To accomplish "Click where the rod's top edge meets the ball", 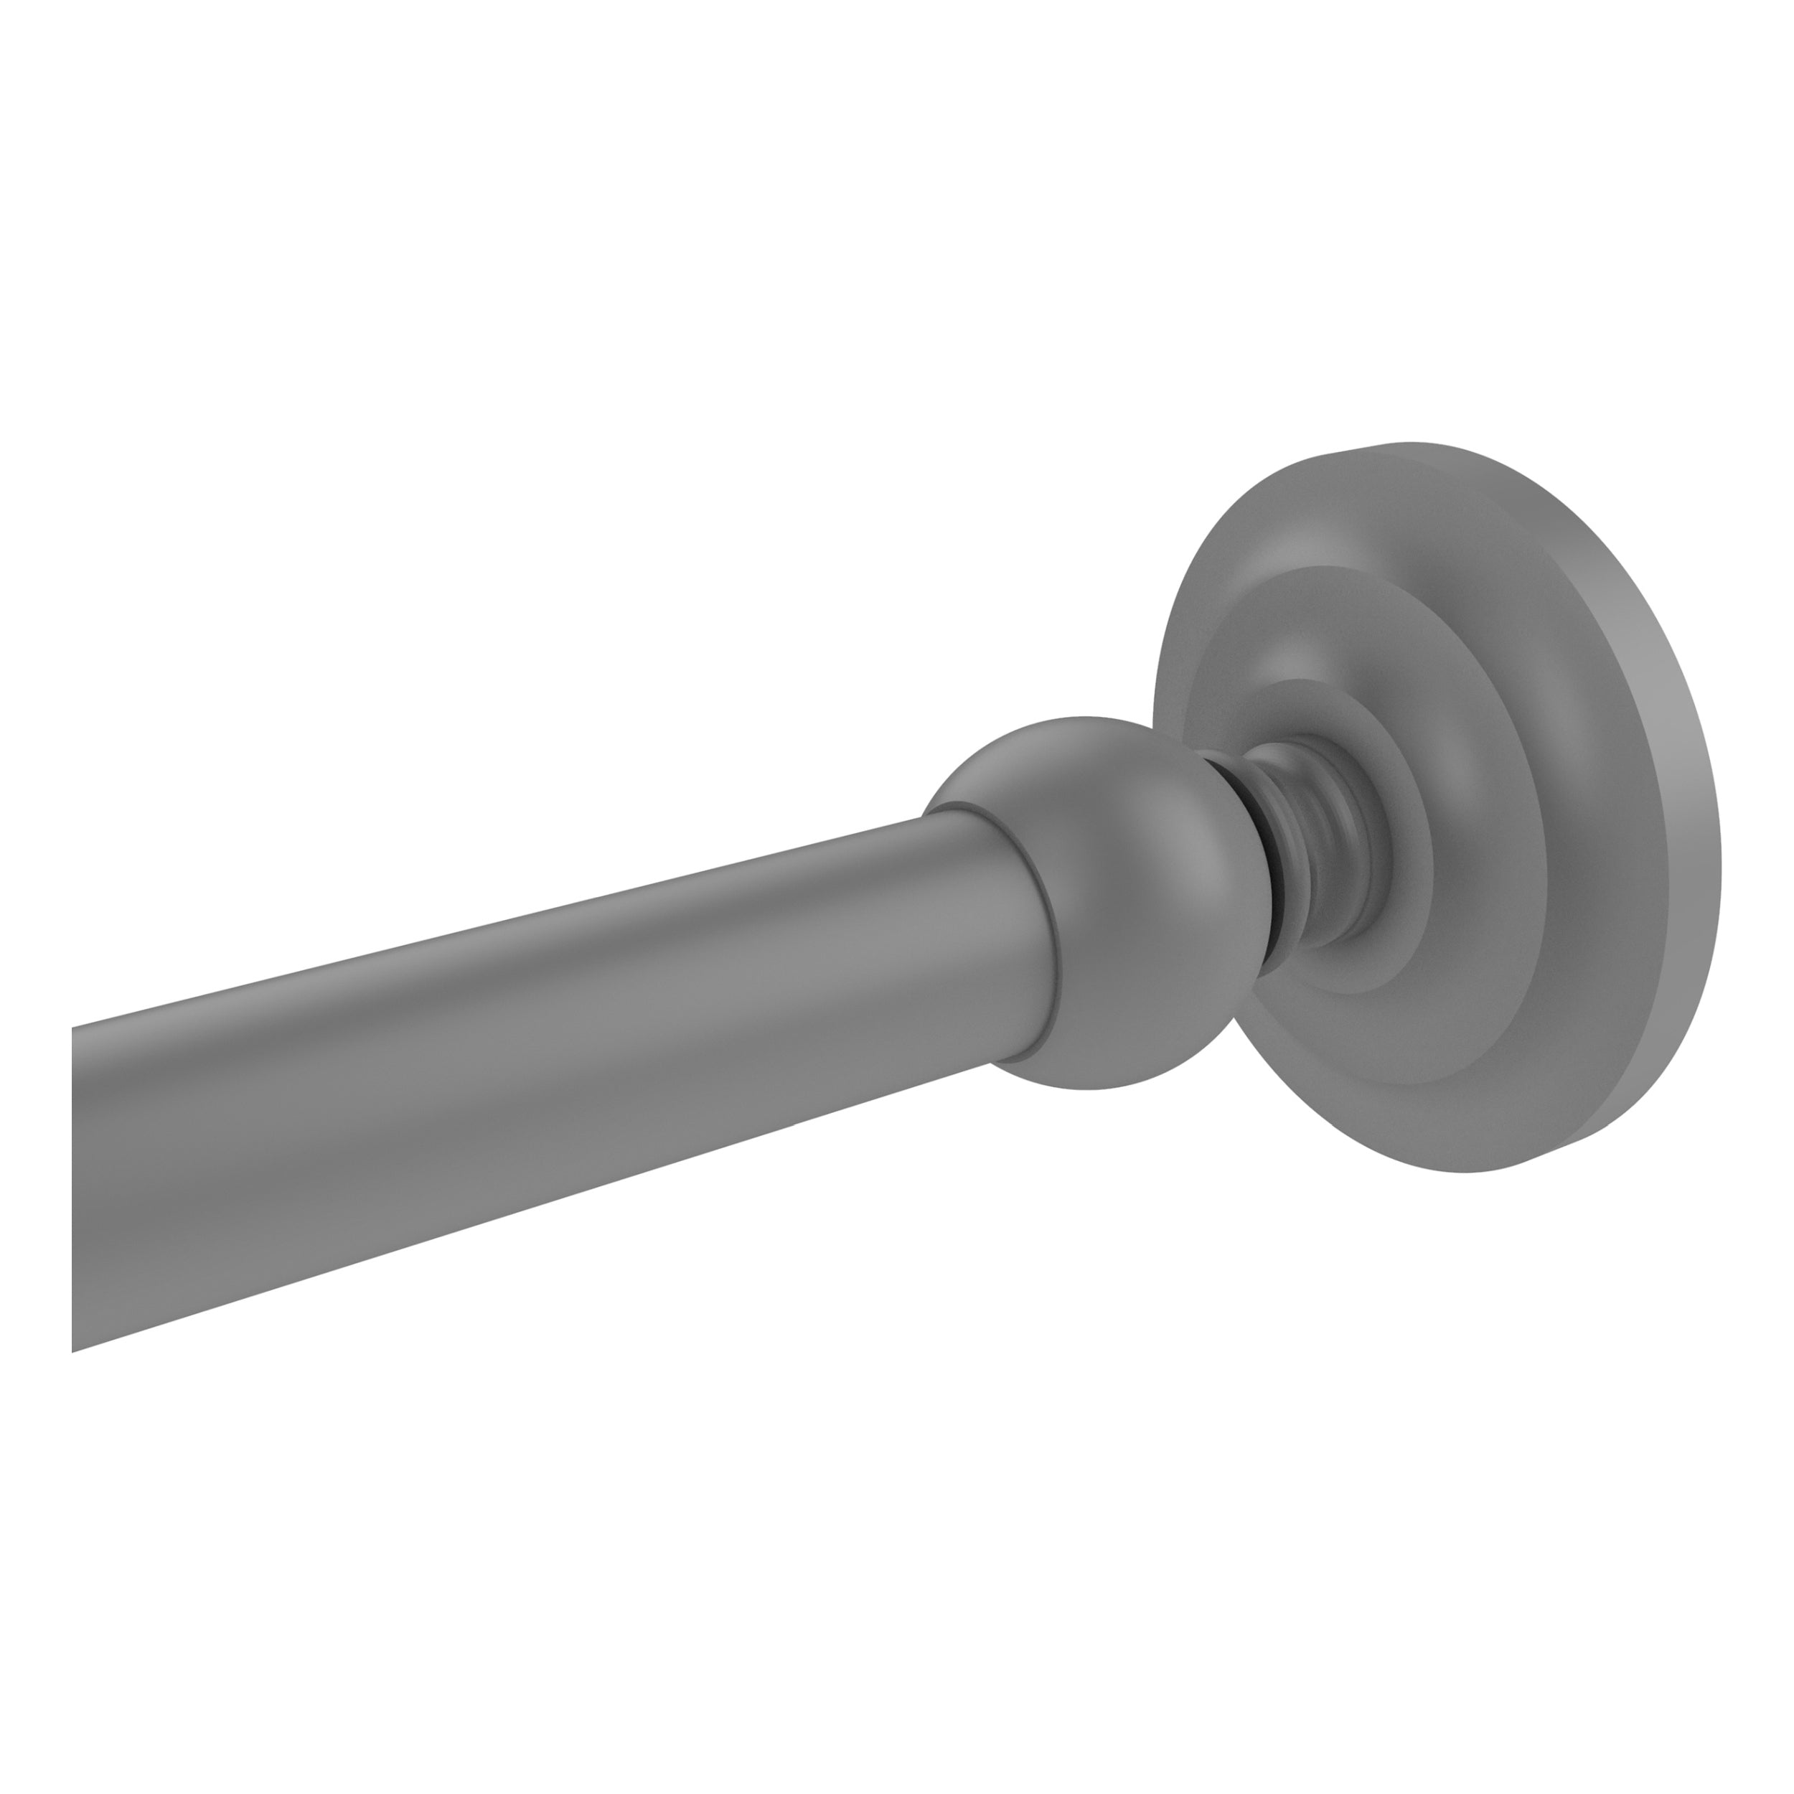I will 924,817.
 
